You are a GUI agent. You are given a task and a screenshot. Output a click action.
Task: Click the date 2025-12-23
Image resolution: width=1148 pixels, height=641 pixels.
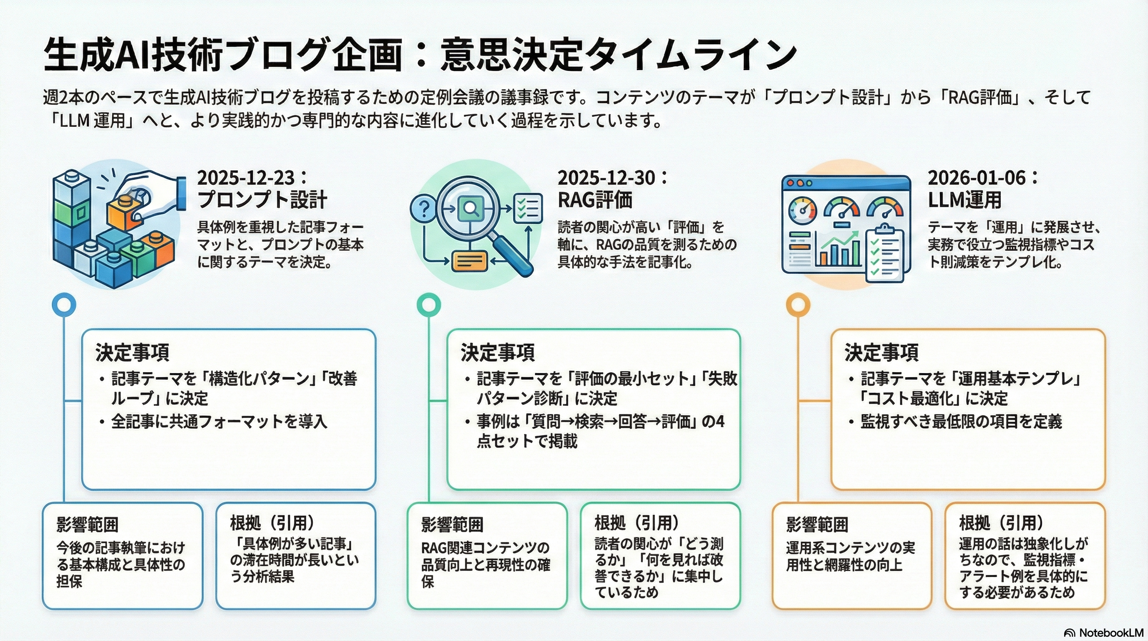(246, 178)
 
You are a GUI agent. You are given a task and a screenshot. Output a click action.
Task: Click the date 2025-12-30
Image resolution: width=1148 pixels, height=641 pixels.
(607, 178)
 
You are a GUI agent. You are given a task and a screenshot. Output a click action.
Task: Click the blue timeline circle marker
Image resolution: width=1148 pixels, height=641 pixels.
(64, 305)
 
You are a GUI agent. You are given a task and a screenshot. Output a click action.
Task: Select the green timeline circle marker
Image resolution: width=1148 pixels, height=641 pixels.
(428, 305)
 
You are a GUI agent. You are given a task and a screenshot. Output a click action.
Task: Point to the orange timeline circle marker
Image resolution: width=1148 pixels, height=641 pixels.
(798, 305)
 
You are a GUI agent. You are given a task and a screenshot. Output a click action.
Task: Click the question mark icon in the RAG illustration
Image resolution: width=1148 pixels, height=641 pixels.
(425, 209)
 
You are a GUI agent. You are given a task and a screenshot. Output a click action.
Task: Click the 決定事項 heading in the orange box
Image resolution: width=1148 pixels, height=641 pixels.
(881, 353)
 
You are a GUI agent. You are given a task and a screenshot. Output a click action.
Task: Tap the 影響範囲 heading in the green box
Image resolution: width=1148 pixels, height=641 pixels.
(452, 525)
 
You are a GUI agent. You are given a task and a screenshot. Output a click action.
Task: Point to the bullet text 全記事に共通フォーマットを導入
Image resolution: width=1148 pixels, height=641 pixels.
(219, 421)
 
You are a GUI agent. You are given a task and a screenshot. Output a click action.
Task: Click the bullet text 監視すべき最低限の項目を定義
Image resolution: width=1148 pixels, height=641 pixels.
(961, 421)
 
